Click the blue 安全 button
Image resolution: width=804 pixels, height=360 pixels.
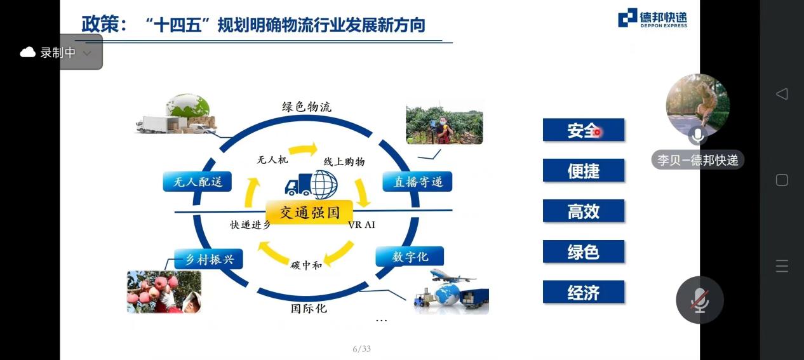coord(583,130)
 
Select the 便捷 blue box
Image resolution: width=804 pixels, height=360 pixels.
coord(583,170)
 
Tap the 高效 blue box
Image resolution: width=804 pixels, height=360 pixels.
coord(583,211)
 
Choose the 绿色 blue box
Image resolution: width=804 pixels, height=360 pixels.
coord(583,251)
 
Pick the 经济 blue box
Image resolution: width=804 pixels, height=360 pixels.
coord(583,292)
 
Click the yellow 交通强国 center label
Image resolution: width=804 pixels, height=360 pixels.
coord(309,212)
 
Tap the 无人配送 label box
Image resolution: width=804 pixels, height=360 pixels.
coord(197,182)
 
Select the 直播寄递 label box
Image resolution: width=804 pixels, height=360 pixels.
coord(417,182)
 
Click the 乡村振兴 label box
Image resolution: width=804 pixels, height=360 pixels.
coord(208,259)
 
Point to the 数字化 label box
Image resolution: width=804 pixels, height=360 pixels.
coord(410,257)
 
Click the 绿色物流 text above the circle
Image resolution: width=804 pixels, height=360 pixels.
coord(306,107)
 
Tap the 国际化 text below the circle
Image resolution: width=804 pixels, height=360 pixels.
coord(309,309)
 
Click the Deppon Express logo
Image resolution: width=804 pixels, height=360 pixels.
coord(652,18)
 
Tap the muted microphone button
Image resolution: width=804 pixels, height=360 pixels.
coord(700,300)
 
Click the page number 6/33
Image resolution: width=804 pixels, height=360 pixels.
coord(361,349)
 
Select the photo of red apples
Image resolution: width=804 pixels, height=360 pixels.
coord(164,292)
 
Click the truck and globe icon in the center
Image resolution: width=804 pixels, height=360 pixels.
coord(311,185)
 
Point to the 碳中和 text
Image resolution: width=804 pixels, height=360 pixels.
coord(306,265)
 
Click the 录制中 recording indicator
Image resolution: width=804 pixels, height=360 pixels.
coord(57,53)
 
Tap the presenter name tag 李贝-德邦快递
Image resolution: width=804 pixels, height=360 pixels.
coord(697,160)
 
